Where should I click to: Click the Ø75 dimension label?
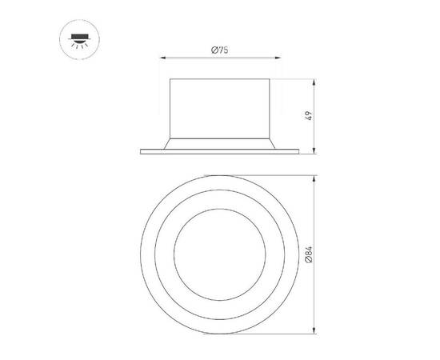pos(220,50)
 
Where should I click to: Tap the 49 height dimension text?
pos(307,114)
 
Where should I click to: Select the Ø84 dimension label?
pos(308,254)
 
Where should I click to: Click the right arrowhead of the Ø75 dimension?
pos(277,57)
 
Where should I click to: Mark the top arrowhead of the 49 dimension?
pos(314,82)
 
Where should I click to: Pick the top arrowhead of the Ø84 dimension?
pos(315,178)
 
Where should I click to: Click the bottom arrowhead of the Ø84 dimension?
pos(315,331)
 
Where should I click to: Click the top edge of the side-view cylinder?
pos(220,79)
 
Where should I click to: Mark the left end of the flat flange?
pos(142,150)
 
